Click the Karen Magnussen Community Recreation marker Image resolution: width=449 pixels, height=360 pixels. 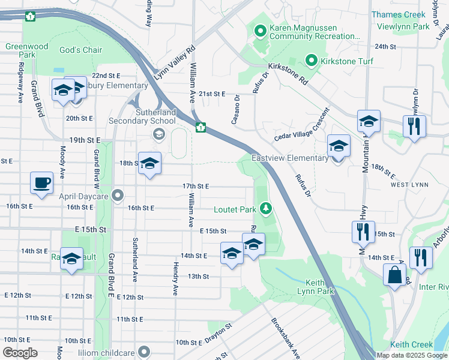click(261, 30)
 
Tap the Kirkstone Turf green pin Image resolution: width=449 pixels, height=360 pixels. click(311, 61)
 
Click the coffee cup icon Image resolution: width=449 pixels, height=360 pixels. click(41, 182)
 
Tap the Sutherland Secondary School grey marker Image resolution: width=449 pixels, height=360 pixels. click(158, 134)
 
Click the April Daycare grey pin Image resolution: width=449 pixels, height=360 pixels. click(118, 195)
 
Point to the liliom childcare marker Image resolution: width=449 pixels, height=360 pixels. click(143, 352)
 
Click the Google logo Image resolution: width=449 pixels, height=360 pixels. click(19, 353)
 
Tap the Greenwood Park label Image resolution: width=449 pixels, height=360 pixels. click(26, 50)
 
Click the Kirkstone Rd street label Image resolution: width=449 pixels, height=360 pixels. click(288, 72)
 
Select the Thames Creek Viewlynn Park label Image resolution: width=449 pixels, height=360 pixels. click(409, 20)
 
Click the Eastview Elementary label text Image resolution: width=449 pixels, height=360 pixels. click(290, 158)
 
